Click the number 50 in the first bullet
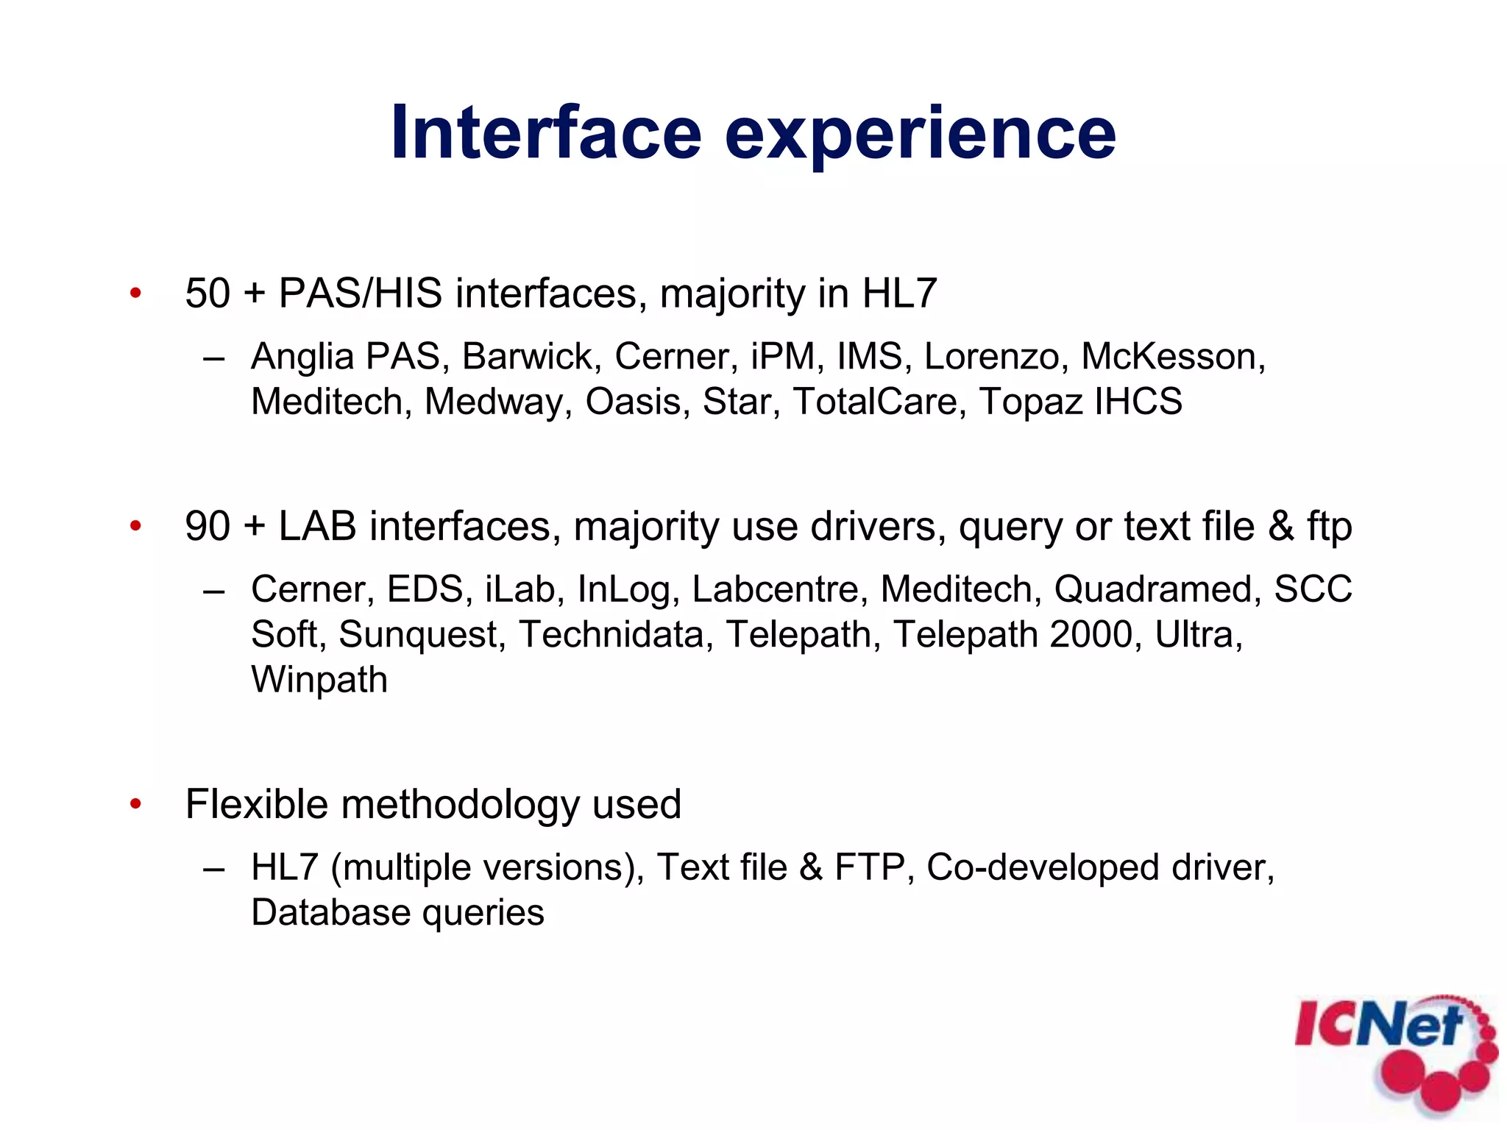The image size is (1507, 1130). pos(208,294)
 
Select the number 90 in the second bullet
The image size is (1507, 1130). pos(208,527)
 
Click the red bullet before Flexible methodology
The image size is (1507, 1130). pos(135,804)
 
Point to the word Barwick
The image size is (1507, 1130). pos(527,357)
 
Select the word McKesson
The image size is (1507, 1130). pos(1172,357)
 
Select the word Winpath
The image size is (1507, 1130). pos(319,680)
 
